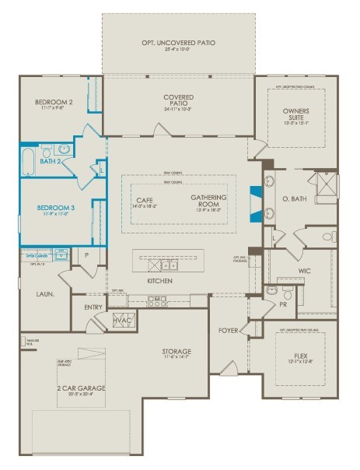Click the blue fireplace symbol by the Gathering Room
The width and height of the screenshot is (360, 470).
tap(253, 200)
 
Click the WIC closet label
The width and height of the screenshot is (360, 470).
tap(304, 272)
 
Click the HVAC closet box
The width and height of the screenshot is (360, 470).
tap(121, 320)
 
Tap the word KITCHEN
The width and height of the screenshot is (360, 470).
tap(159, 280)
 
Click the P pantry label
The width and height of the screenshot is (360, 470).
tap(86, 254)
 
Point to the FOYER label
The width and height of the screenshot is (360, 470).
tap(229, 330)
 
